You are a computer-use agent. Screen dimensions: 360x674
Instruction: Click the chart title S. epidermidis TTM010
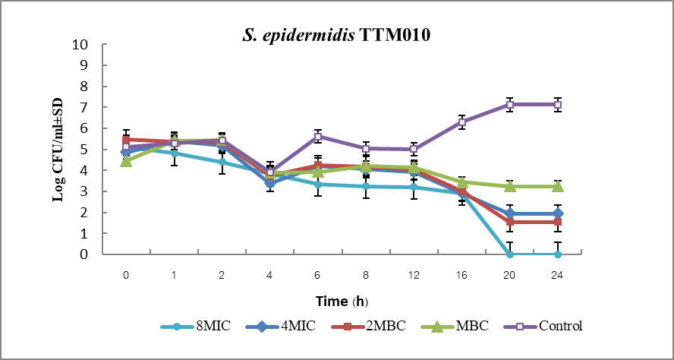[338, 34]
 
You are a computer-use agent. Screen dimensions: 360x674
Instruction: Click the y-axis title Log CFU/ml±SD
[58, 149]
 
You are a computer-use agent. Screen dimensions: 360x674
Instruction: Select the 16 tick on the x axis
[461, 274]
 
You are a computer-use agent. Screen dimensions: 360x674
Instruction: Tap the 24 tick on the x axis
[558, 274]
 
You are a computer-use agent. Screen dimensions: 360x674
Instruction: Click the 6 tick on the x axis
[318, 274]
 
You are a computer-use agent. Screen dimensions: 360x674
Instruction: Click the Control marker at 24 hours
[558, 104]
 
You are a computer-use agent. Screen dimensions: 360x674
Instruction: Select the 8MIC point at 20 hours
[510, 254]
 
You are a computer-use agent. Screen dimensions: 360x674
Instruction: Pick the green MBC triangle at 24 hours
[558, 186]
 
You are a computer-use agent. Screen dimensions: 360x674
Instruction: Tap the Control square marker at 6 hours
[318, 137]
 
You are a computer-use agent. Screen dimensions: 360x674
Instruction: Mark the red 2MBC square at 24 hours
[558, 222]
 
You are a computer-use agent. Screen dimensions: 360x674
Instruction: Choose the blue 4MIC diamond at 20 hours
[510, 213]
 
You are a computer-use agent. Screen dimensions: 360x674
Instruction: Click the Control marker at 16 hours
[461, 122]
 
